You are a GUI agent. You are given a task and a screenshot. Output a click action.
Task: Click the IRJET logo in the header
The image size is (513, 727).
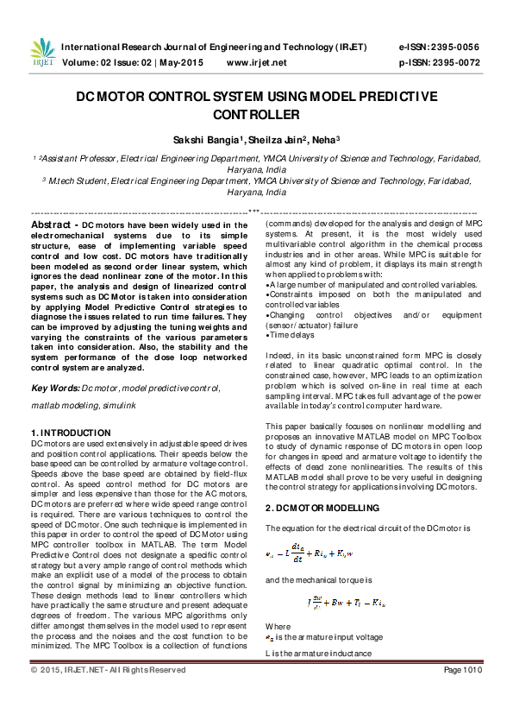41,54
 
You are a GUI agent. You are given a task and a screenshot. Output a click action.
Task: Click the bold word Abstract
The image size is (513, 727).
54,224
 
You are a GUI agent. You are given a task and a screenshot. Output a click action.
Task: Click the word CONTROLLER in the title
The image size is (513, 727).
256,114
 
